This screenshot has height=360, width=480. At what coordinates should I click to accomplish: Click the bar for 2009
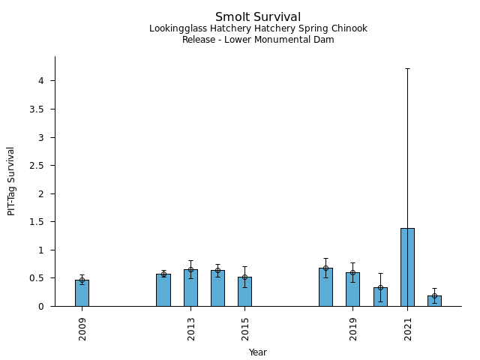coord(82,293)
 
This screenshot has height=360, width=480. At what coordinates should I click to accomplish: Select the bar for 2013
coord(190,288)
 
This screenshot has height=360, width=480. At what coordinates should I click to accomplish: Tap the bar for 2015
coord(244,292)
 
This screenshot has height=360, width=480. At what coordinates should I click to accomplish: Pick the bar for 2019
coord(352,289)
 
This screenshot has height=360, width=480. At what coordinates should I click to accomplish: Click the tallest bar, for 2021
coord(407,267)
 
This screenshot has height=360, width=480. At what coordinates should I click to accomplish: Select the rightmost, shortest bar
coord(434,301)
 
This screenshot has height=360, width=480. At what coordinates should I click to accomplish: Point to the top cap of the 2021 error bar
coord(407,68)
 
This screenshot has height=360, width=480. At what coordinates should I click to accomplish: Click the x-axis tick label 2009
coord(82,328)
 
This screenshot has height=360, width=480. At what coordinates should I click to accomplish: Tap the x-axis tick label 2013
coord(191,328)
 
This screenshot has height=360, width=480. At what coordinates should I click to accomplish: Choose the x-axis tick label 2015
coord(245,328)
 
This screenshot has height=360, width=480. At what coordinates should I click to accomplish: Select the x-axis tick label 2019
coord(353,328)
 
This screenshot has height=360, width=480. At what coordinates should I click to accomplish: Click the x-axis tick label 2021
coord(408,328)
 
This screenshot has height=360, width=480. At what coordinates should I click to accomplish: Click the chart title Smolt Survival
coord(258,17)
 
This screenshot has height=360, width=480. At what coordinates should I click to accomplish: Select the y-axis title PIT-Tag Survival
coord(12,181)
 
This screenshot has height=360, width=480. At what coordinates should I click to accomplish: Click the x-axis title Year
coord(258,352)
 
